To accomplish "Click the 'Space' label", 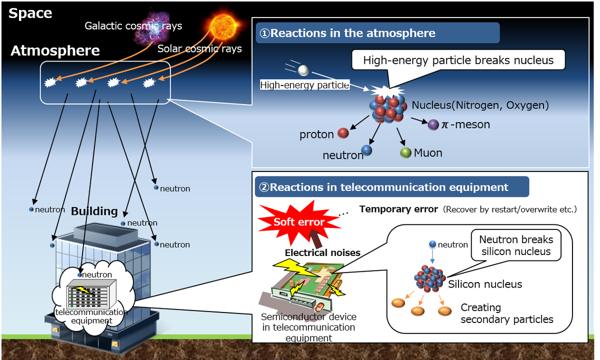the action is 30,13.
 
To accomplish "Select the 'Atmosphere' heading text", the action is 55,50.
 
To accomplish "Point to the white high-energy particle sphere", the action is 304,70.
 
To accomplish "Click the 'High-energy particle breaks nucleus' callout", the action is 458,60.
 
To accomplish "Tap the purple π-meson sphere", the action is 433,124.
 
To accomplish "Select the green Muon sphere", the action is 405,153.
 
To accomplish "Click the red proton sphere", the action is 343,133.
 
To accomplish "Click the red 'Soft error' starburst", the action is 299,221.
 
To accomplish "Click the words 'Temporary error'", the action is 398,209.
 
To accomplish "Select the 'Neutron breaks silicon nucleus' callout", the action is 516,245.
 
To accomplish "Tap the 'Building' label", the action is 94,211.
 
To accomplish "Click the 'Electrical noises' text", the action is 322,252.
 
